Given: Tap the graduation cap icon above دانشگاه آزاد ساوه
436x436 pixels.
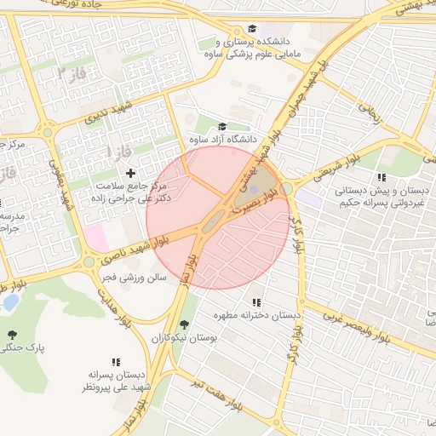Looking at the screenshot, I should pyautogui.click(x=223, y=126).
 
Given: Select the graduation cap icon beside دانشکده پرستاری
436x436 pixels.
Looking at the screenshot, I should pyautogui.click(x=252, y=29).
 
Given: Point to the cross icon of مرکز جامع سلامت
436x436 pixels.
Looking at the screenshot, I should pyautogui.click(x=130, y=174).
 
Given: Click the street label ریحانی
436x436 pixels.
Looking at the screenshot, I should pyautogui.click(x=368, y=111).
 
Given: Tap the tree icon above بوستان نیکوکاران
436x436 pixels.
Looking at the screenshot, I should pyautogui.click(x=184, y=324).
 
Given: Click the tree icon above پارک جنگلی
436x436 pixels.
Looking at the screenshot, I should pyautogui.click(x=12, y=334).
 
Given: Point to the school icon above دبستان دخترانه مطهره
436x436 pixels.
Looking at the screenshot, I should pyautogui.click(x=256, y=302).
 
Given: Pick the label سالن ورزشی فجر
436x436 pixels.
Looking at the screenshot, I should pyautogui.click(x=132, y=278).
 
